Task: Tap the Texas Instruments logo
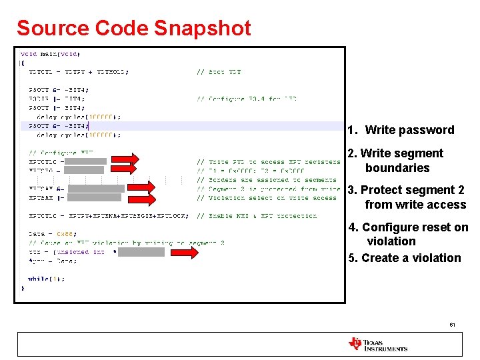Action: click(377, 344)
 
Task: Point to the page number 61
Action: click(453, 325)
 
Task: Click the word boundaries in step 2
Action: click(397, 168)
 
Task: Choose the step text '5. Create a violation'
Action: click(405, 258)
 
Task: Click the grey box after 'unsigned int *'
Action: click(141, 252)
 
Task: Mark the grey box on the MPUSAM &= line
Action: click(96, 189)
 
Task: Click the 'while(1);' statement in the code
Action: click(46, 279)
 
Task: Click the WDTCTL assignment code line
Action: click(79, 72)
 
